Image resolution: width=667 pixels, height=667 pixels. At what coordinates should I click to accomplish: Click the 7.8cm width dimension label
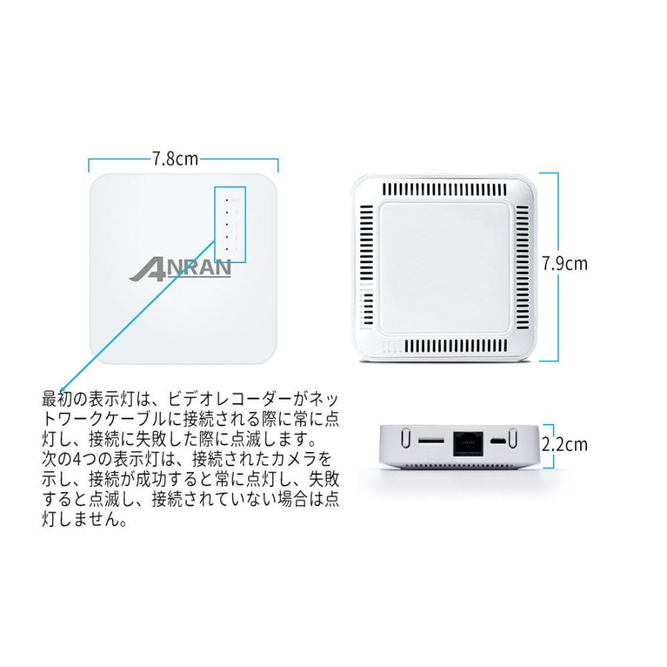[x=176, y=159]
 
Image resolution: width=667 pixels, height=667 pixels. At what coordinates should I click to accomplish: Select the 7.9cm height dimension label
[x=565, y=263]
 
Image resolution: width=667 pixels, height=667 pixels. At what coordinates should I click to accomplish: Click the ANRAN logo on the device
[x=180, y=268]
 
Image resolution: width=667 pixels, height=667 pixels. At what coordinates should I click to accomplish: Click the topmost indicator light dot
[x=226, y=200]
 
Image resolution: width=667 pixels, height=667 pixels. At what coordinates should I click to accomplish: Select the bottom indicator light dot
[x=226, y=249]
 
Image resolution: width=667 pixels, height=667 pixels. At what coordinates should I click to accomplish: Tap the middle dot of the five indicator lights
[x=226, y=225]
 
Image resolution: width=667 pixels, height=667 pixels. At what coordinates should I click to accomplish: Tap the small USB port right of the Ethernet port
[x=502, y=441]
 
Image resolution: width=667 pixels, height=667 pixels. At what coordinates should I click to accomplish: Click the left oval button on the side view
[x=405, y=439]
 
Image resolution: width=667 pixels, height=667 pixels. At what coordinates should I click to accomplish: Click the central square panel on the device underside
[x=445, y=268]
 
